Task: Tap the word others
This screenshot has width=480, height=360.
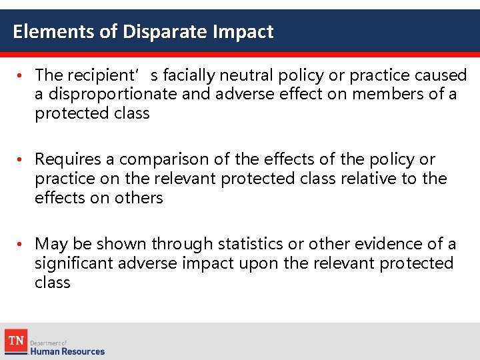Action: coord(139,198)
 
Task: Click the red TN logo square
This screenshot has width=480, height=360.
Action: coord(16,341)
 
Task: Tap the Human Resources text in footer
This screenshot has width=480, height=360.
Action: coord(67,351)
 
